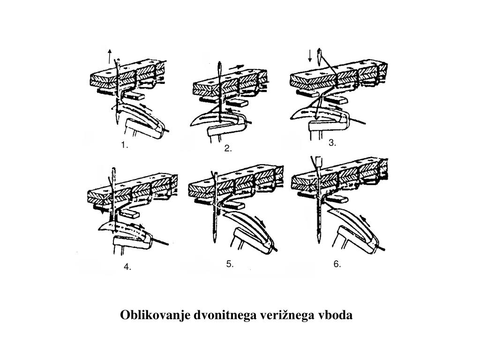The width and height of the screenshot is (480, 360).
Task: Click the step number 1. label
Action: point(124,145)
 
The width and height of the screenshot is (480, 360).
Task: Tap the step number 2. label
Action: point(228,149)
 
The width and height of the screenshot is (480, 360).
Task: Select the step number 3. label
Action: point(332,143)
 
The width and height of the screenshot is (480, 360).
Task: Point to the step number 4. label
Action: point(127,267)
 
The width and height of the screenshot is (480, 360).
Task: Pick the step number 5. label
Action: point(230,264)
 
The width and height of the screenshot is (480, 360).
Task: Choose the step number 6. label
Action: point(337,264)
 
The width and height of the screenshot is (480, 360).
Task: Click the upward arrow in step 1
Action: point(109,56)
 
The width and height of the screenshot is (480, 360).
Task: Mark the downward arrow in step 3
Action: point(310,56)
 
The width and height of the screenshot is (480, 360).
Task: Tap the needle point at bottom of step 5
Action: point(214,241)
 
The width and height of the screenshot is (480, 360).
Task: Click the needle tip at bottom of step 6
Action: point(319,241)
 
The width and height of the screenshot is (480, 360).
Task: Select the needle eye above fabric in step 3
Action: point(320,56)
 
